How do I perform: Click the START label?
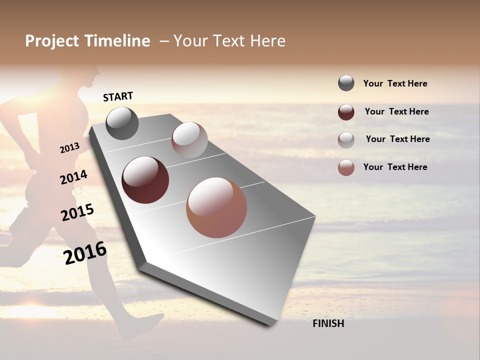click(x=118, y=96)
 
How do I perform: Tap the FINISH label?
click(x=328, y=323)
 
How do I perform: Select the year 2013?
click(x=70, y=148)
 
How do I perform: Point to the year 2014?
click(x=73, y=177)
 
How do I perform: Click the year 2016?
click(x=85, y=252)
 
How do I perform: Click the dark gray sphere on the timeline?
click(x=122, y=123)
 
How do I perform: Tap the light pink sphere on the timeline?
click(x=189, y=140)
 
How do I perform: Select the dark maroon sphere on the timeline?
click(x=145, y=180)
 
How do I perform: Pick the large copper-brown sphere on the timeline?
click(x=216, y=207)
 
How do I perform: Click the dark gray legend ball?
click(x=346, y=83)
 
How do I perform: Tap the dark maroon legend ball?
click(x=346, y=112)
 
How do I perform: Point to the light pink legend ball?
click(x=346, y=139)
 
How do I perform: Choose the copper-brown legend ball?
click(x=346, y=167)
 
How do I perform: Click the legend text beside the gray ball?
click(x=395, y=83)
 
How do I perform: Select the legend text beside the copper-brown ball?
click(x=395, y=167)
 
